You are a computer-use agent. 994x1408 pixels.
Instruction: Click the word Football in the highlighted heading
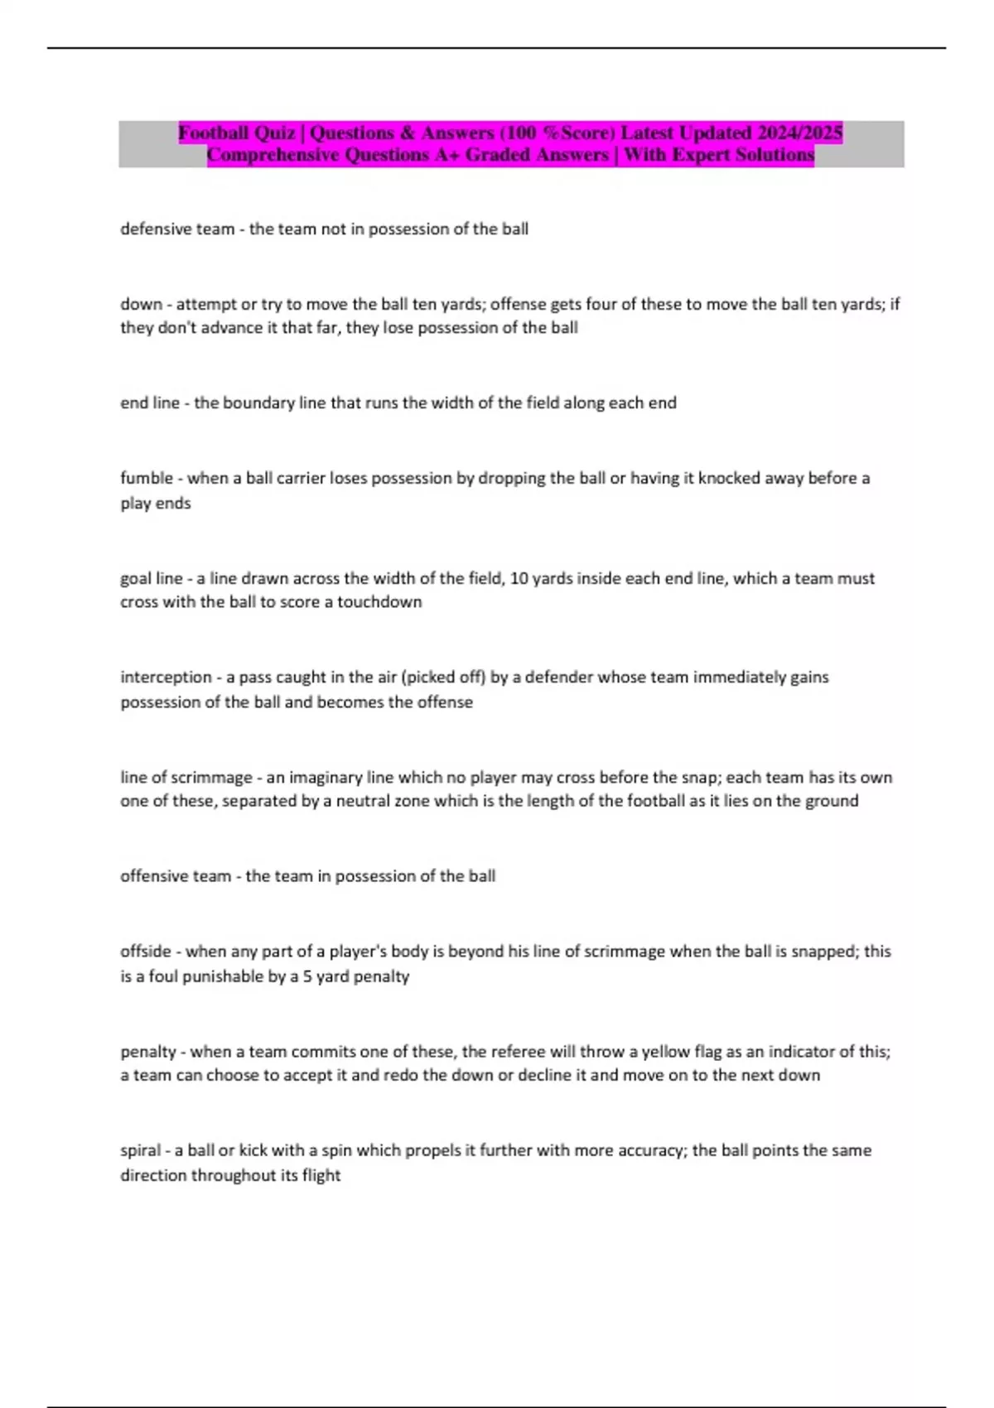pyautogui.click(x=214, y=133)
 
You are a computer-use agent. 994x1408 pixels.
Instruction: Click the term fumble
pyautogui.click(x=147, y=478)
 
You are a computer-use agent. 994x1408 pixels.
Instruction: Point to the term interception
pyautogui.click(x=166, y=677)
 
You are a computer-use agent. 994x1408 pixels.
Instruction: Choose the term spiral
pyautogui.click(x=140, y=1150)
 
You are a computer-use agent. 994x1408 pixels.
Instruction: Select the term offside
pyautogui.click(x=146, y=952)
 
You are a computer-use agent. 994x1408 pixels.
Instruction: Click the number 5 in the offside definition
pyautogui.click(x=306, y=976)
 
